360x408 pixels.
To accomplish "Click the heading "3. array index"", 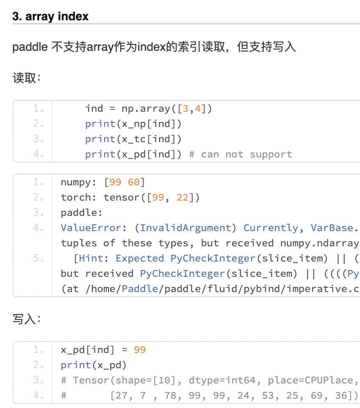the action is [50, 17].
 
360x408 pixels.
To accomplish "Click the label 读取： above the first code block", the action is [27, 78].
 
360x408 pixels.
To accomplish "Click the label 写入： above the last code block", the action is [27, 319].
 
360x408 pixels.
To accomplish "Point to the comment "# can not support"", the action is [241, 154].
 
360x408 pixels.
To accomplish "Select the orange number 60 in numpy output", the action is [134, 182].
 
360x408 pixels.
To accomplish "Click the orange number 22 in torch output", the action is [183, 198].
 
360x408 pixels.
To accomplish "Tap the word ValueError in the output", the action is [91, 228].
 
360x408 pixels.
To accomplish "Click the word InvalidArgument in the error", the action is [186, 228].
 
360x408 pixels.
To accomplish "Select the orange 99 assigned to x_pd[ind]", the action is [140, 350].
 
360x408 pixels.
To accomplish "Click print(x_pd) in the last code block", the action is [94, 365].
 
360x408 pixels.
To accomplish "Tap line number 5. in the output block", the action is [39, 259].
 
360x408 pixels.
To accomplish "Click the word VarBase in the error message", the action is [332, 228].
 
